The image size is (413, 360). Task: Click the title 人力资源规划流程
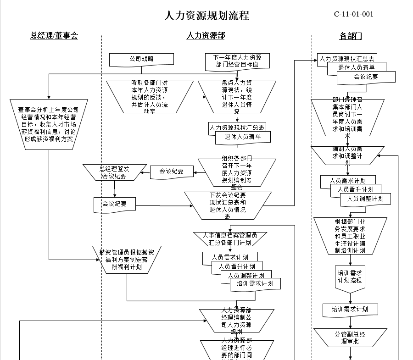206,16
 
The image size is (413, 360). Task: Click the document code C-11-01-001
353,14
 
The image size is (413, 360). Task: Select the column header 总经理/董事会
54,36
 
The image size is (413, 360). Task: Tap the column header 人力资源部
206,36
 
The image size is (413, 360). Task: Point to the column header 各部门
351,36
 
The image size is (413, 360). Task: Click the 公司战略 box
141,59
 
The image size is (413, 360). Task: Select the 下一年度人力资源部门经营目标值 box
237,61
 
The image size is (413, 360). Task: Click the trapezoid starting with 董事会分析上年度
48,124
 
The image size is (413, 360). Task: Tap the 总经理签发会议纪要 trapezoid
114,172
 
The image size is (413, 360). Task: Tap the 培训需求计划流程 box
350,277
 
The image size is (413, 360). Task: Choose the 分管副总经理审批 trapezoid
350,338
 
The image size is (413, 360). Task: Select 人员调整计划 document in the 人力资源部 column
246,276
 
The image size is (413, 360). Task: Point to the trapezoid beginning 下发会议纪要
228,205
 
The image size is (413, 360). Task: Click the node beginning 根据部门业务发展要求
350,236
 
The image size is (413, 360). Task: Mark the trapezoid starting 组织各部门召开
237,172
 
